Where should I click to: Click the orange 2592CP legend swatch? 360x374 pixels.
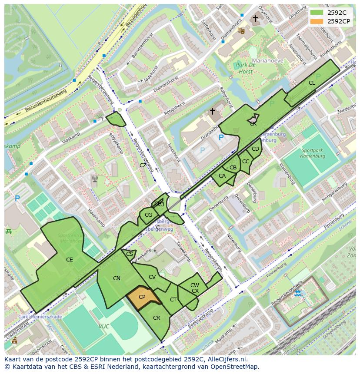click(x=317, y=21)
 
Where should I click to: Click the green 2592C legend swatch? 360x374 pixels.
click(x=317, y=12)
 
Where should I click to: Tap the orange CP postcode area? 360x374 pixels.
click(x=142, y=298)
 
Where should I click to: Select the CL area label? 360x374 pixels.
click(x=312, y=83)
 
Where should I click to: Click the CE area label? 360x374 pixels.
click(x=69, y=260)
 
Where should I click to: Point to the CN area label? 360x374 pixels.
click(x=117, y=278)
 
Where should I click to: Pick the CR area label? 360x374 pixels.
click(x=157, y=318)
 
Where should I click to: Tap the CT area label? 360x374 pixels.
click(x=173, y=300)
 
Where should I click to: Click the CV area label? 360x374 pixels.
click(x=152, y=277)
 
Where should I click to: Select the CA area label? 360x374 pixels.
click(x=222, y=176)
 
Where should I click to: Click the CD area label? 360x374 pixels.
click(x=255, y=149)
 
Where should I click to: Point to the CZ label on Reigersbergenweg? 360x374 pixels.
click(x=143, y=165)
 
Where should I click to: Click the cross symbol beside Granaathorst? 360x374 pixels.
click(x=212, y=111)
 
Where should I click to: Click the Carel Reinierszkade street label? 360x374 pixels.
click(x=40, y=317)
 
